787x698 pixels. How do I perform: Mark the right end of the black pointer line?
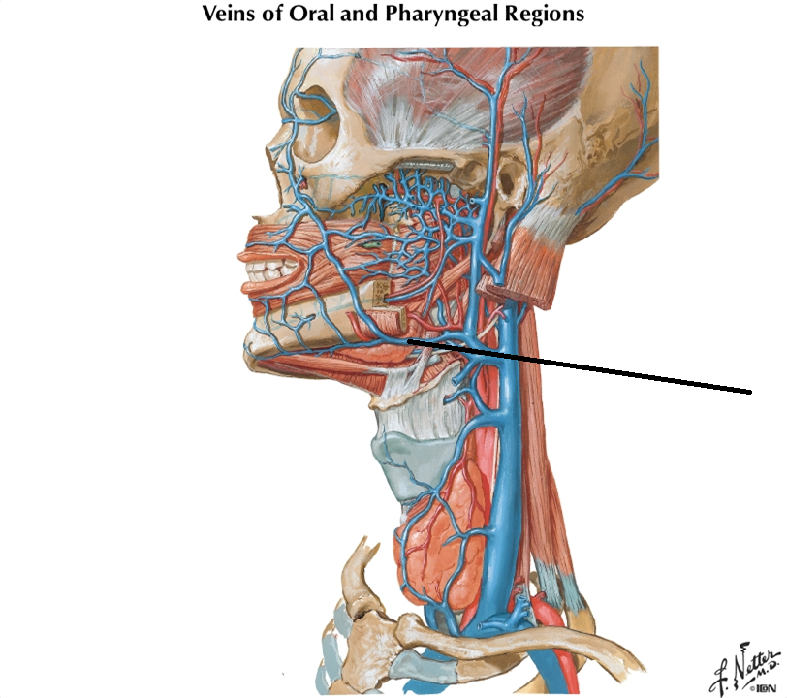point(750,392)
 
